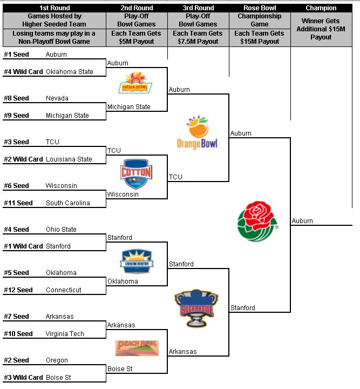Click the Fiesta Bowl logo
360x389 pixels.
pos(135,84)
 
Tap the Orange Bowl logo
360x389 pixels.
pos(198,133)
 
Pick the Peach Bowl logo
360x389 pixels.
pos(137,347)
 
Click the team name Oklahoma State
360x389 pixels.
pos(69,72)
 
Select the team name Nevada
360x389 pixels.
pos(57,98)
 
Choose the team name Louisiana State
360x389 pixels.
pos(69,159)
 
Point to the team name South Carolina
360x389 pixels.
pos(67,203)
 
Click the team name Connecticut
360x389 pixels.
pos(63,290)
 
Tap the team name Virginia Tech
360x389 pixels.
pos(65,334)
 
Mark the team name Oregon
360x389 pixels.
pos(57,360)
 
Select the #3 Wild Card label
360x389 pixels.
pos(23,378)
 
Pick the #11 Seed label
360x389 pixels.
pos(18,203)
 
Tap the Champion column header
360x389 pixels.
pos(321,8)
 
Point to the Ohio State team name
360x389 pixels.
pos(61,230)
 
